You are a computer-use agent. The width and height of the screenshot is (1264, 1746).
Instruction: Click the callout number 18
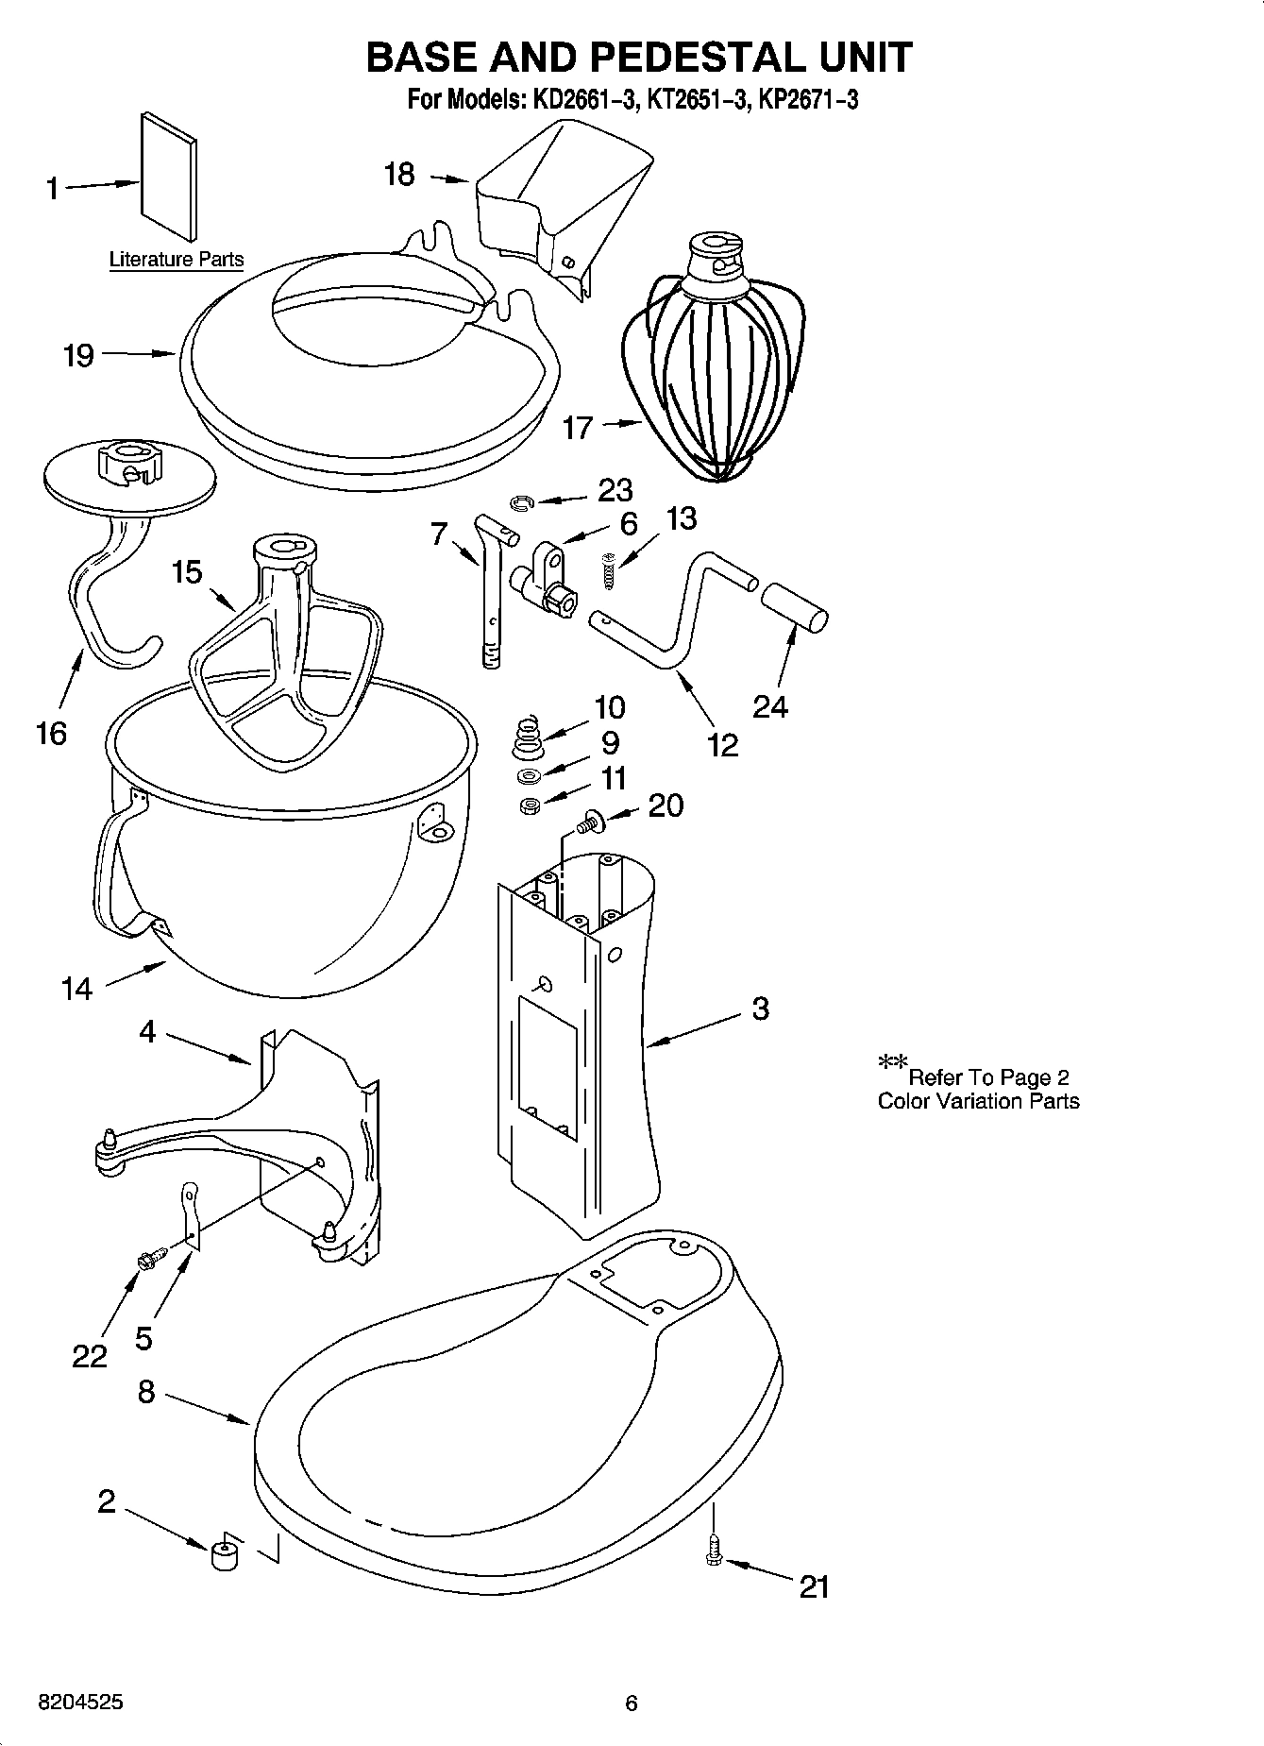click(399, 175)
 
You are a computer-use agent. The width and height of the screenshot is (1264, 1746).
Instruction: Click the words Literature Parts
click(177, 260)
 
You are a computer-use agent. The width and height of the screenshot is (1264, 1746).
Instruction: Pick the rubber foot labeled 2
click(224, 1553)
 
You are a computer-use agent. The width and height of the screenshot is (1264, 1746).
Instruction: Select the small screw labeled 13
click(609, 572)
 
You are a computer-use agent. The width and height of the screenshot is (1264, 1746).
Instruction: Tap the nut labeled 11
click(530, 806)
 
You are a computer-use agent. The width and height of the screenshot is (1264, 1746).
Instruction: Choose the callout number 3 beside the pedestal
click(761, 1009)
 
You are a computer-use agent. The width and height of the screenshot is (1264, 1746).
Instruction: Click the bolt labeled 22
click(150, 1257)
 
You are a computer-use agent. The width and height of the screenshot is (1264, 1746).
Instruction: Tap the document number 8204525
click(79, 1703)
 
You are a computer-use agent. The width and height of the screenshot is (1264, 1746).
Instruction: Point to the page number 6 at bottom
click(632, 1703)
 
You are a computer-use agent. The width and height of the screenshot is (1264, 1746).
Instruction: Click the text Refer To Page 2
click(987, 1077)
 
